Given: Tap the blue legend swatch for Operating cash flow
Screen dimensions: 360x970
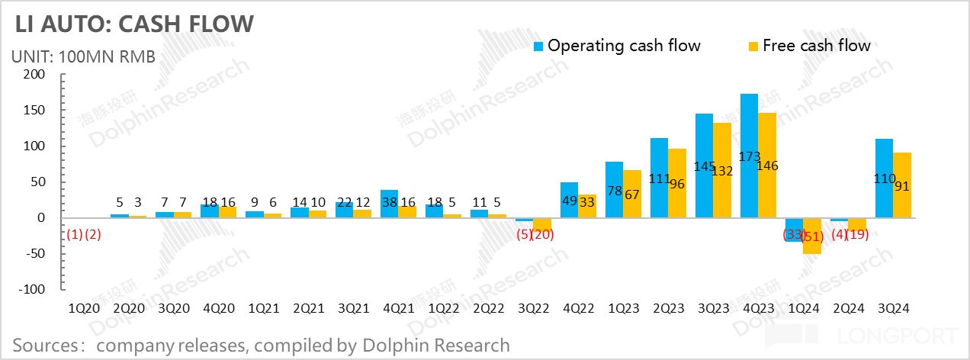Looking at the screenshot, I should point(538,46).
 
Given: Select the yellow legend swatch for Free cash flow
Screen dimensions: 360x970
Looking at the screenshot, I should point(753,46).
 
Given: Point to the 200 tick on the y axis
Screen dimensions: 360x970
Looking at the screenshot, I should point(34,75).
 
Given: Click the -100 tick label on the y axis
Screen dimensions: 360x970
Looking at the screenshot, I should point(31,290).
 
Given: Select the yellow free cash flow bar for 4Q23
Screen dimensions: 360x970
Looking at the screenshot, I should point(768,166).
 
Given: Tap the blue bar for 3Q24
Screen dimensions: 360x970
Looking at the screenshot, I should point(883,178).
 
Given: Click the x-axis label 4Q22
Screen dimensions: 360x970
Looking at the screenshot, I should point(579,309).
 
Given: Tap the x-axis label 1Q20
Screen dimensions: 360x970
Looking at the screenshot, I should point(85,309).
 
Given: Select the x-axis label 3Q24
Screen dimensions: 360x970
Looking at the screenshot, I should point(893,309).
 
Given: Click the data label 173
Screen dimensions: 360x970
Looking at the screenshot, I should point(750,156).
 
